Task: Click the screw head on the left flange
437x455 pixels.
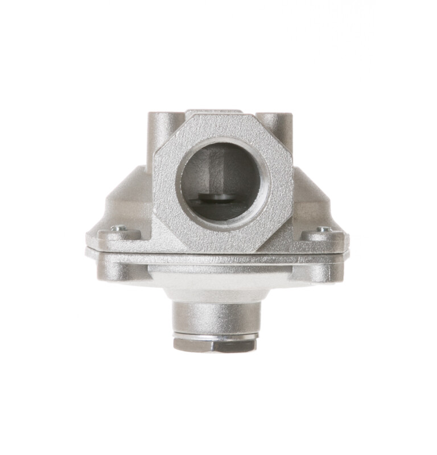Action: [118, 228]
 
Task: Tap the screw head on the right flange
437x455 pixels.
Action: [324, 229]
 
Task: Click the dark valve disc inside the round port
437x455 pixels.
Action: [218, 197]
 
